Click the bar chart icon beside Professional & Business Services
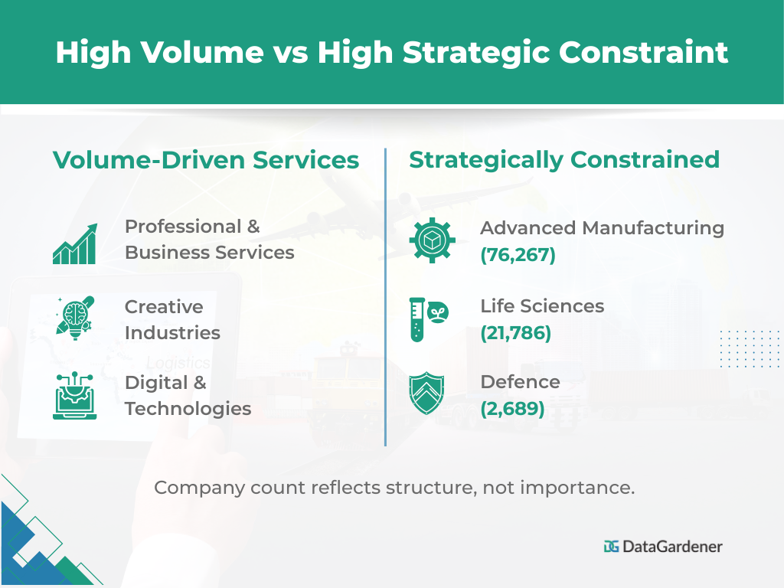[x=74, y=244]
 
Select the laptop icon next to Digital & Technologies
[x=74, y=396]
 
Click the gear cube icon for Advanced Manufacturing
[x=432, y=240]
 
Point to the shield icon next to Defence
[x=427, y=394]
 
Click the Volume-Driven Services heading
[x=205, y=159]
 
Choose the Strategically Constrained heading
[x=564, y=159]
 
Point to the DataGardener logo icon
[x=611, y=546]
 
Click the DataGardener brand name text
[x=672, y=546]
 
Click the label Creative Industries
[x=172, y=320]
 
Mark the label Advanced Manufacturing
[x=602, y=227]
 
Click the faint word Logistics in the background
[x=178, y=362]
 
